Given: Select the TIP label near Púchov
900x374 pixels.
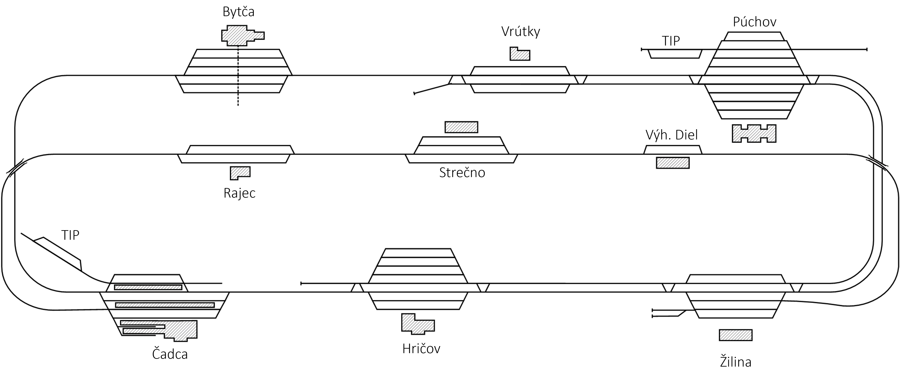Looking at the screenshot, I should tap(671, 41).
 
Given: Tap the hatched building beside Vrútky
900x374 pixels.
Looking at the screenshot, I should tap(520, 54).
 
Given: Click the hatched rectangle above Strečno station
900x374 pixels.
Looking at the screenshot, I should tap(461, 127).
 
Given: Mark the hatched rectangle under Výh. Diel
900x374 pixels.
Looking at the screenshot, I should tap(673, 163).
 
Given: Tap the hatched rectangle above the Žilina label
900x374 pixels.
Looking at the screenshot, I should tap(735, 335).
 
